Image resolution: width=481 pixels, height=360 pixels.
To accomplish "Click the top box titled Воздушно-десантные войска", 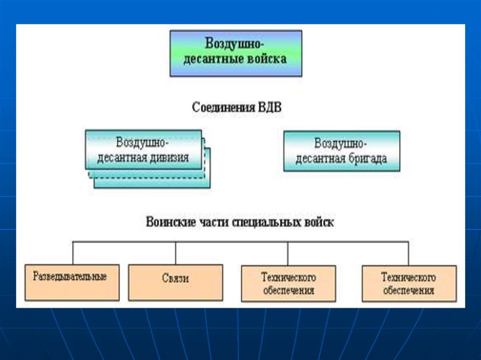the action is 235,53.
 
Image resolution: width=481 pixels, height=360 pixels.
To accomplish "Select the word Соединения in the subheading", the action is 221,107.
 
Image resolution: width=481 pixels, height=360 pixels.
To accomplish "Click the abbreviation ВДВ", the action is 268,107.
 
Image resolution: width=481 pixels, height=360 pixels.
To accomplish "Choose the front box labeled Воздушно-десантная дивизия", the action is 143,149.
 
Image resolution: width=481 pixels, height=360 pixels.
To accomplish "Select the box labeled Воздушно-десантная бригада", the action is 341,151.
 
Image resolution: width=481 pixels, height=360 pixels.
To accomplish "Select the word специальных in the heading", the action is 265,222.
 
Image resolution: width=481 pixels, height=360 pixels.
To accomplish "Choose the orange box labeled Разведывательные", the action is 72,282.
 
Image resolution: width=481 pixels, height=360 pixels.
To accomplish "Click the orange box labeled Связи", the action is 175,282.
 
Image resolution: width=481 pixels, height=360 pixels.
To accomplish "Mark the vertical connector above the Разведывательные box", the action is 73,253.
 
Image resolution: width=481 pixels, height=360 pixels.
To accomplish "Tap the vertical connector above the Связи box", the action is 176,253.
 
